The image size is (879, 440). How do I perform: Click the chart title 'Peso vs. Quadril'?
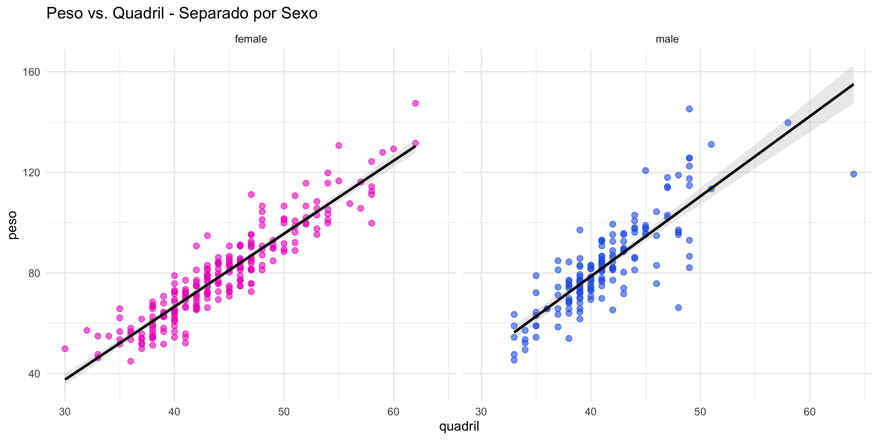tap(182, 14)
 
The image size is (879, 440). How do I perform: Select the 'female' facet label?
tap(251, 39)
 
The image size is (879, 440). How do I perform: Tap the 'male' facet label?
tap(667, 39)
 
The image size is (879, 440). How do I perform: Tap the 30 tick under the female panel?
tap(65, 412)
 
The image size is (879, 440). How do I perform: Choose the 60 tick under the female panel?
tap(393, 412)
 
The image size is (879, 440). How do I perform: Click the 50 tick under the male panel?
tap(700, 412)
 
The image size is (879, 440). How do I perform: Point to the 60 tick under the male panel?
tap(809, 412)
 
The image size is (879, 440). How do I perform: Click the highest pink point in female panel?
tap(415, 103)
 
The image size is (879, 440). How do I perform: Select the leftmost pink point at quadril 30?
tap(65, 348)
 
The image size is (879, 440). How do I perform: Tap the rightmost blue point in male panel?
tap(854, 174)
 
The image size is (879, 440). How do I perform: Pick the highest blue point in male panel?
tap(689, 109)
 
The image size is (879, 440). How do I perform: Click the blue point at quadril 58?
tap(788, 123)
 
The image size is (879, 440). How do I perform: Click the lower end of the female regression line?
tap(66, 379)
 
